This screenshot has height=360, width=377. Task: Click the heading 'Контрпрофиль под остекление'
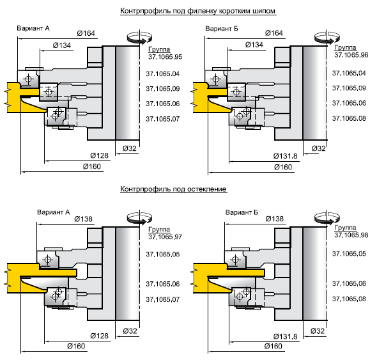(x=173, y=189)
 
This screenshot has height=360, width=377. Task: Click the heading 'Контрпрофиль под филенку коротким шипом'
(x=197, y=11)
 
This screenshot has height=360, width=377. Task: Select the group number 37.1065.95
(x=165, y=57)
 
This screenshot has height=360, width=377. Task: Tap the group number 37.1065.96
(x=351, y=55)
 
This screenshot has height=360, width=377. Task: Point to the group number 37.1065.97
(x=165, y=237)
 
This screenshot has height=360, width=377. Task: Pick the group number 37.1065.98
(x=351, y=235)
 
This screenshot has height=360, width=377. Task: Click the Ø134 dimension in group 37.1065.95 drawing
(x=62, y=45)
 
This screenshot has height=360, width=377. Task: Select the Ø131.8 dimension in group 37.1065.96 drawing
(x=285, y=156)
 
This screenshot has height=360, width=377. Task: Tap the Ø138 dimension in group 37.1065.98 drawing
(x=275, y=219)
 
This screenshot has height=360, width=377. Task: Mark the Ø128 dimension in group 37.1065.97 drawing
(x=99, y=336)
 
